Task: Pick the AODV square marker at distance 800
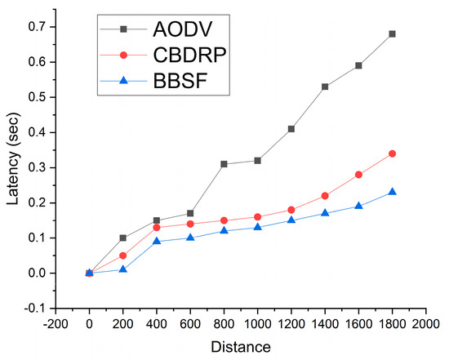click(224, 164)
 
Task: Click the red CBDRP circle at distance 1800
click(392, 153)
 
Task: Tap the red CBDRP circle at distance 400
click(157, 227)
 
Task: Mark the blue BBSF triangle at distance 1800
click(392, 192)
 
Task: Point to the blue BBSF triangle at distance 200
click(123, 269)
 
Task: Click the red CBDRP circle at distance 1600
click(358, 175)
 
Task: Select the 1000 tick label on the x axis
click(257, 323)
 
